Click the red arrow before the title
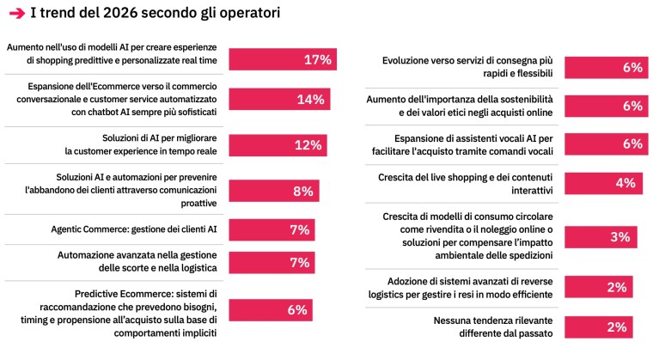[15, 14]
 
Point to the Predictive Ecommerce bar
[270, 309]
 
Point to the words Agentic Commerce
[91, 230]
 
